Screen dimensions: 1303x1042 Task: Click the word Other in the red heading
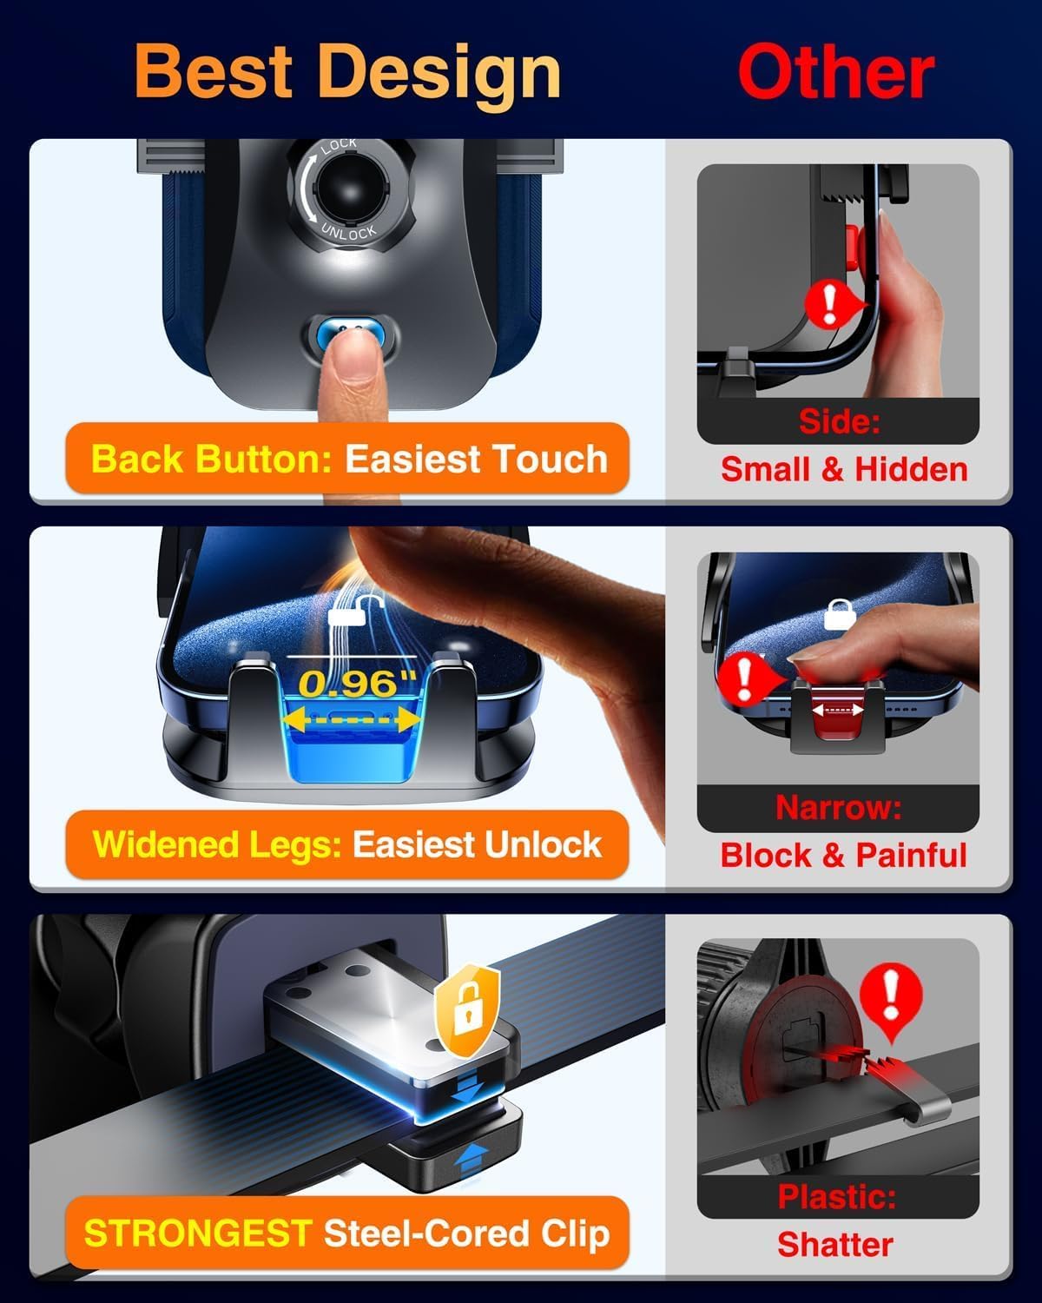pos(835,73)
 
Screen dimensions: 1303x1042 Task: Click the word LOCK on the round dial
pos(339,148)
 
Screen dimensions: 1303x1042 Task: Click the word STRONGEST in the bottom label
pos(197,1234)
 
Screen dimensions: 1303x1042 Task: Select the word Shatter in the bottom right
pos(834,1244)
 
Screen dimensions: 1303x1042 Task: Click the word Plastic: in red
pos(837,1197)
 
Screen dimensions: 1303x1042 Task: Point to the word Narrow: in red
pos(838,807)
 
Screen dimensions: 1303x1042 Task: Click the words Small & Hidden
pos(844,469)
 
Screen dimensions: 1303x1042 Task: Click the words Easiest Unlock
pos(477,844)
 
